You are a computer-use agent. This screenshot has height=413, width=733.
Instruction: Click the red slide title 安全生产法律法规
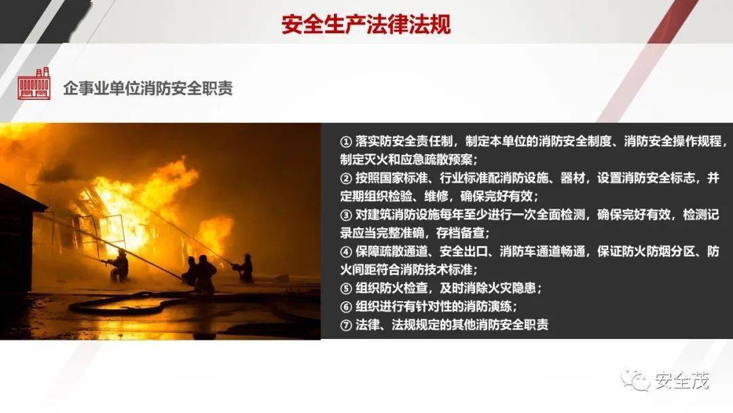[366, 24]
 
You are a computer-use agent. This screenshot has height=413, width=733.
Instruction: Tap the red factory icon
[34, 84]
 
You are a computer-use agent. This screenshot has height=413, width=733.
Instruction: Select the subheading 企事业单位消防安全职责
[148, 88]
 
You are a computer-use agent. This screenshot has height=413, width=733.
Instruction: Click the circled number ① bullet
[346, 141]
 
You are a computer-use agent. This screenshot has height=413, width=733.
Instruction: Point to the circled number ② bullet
[346, 178]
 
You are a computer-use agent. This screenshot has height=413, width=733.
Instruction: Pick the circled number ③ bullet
[346, 215]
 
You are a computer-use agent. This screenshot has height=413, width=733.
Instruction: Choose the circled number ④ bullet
[346, 251]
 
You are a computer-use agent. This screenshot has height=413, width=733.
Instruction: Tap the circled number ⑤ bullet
[346, 288]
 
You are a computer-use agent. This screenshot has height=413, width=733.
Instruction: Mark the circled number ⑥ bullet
[346, 307]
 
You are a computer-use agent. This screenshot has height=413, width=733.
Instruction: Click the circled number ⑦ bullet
[346, 325]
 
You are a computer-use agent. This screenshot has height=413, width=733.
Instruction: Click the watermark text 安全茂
[681, 380]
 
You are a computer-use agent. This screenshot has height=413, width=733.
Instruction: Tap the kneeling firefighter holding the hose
[118, 266]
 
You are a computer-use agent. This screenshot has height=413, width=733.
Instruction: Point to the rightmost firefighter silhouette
[244, 268]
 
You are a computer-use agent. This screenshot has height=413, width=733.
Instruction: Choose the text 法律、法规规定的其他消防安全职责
[451, 325]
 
